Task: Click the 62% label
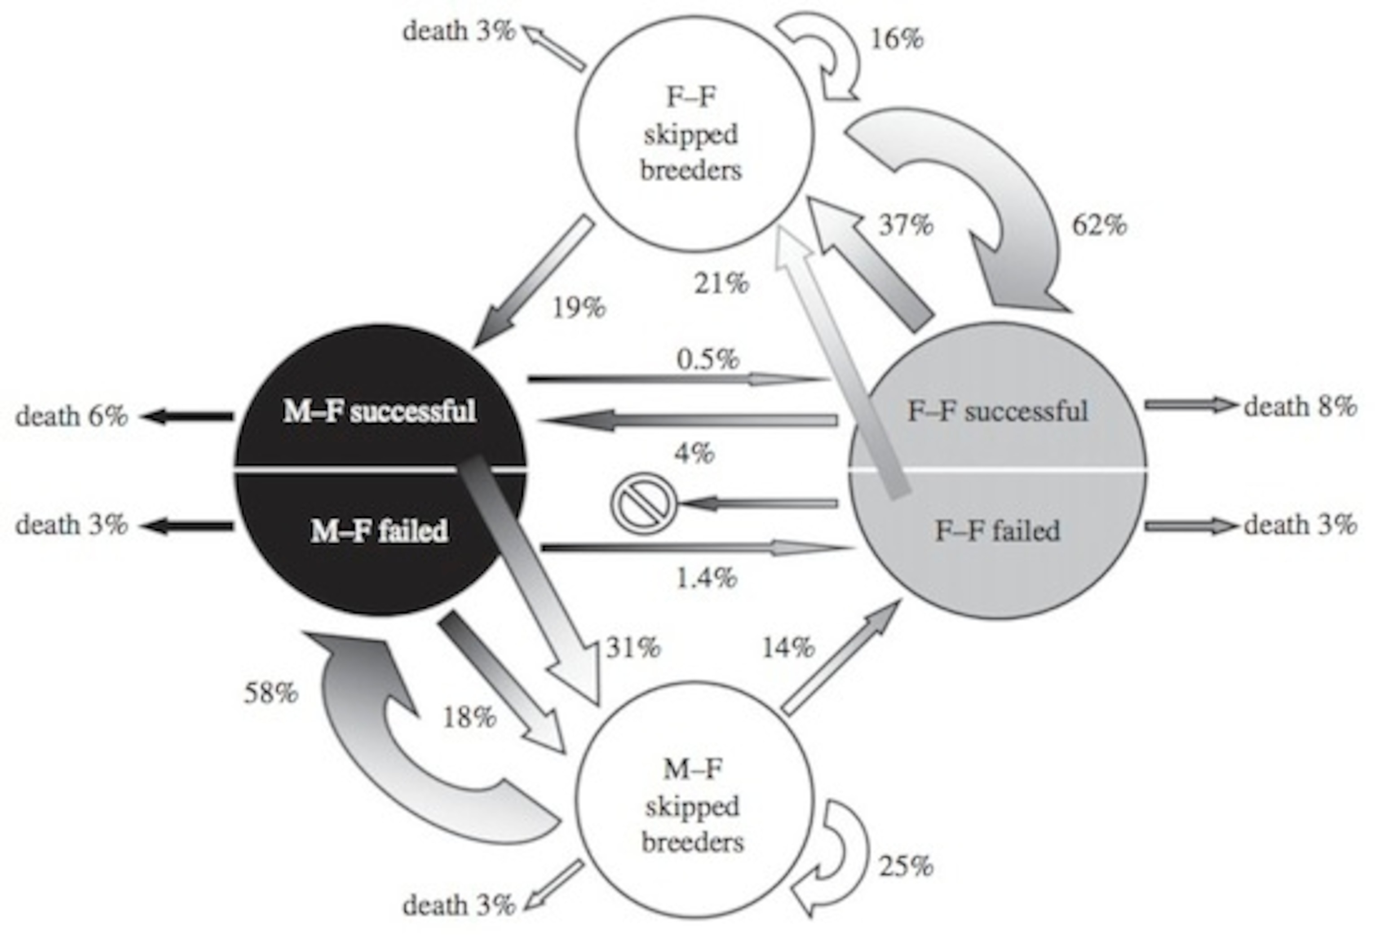tap(1099, 225)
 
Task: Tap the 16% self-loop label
tap(897, 39)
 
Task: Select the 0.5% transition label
tap(708, 359)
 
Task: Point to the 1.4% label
tap(707, 577)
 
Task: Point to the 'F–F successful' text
tap(998, 411)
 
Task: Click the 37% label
tap(906, 225)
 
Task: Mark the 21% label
tap(721, 283)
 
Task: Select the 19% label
tap(579, 308)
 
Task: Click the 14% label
tap(788, 647)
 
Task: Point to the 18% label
tap(469, 717)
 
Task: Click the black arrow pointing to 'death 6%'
tap(186, 416)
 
